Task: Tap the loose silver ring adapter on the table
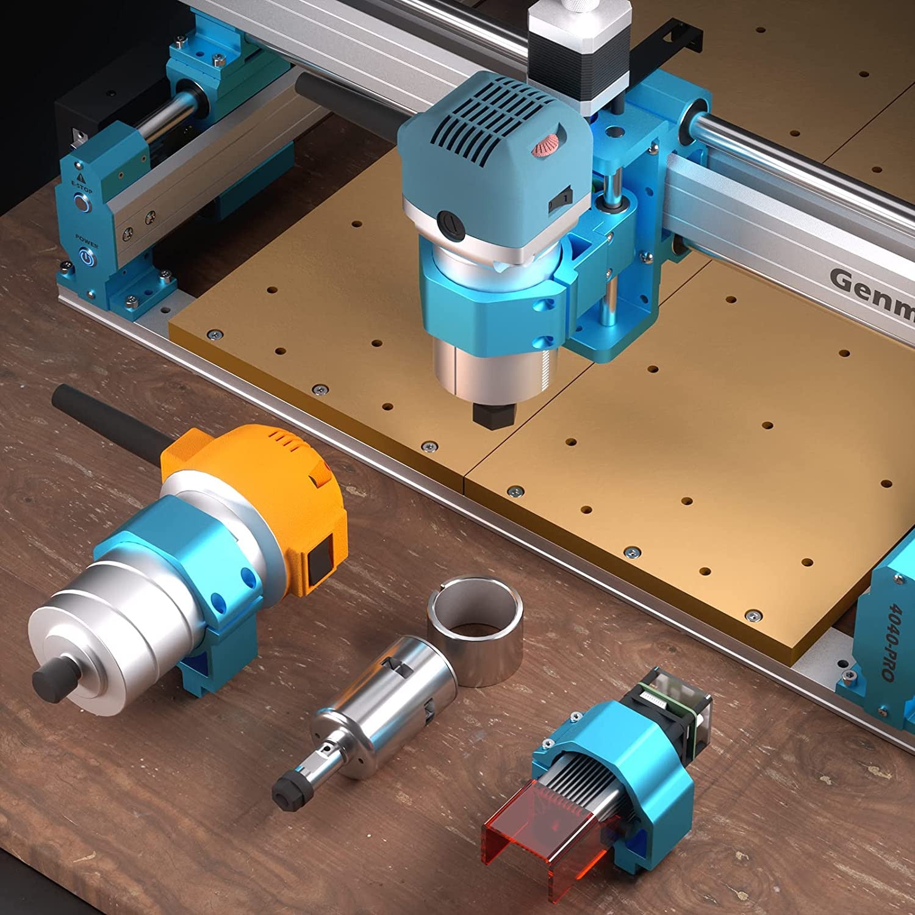pos(475,634)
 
